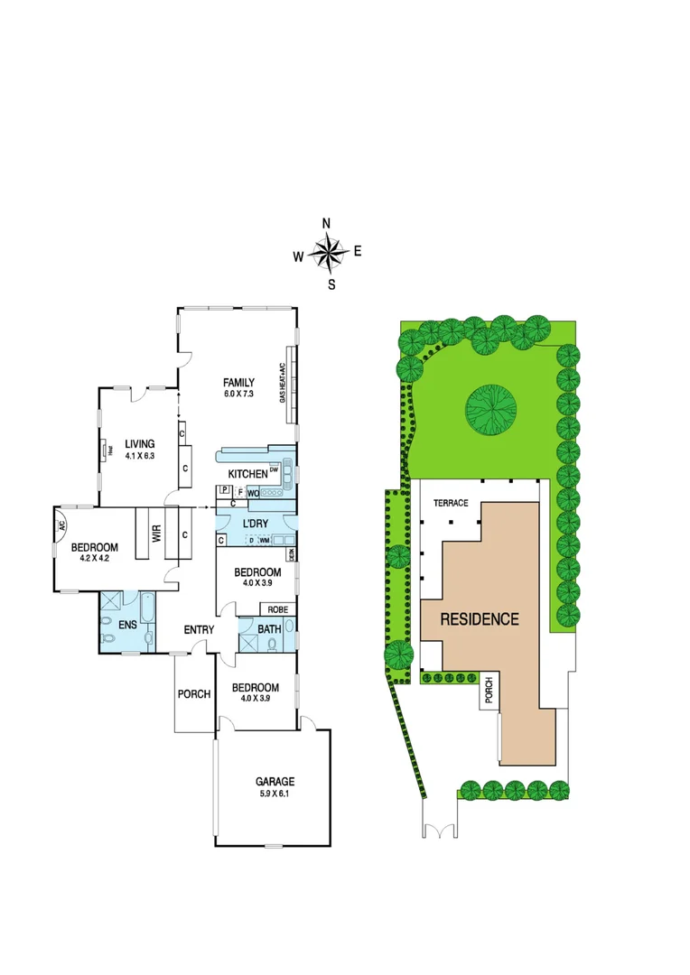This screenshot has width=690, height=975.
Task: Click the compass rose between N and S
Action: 329,254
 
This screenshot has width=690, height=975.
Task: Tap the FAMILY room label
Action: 238,382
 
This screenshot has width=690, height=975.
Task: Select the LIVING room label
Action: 140,443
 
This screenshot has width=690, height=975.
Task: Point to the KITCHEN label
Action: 247,474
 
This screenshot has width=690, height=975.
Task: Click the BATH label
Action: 269,628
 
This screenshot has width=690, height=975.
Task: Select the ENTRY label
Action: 199,629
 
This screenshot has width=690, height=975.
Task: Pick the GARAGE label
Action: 275,782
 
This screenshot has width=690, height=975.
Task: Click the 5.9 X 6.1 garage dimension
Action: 275,794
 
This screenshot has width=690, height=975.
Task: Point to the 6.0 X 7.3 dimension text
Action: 239,395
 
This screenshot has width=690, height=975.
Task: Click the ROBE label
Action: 278,609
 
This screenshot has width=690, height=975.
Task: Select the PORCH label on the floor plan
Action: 194,694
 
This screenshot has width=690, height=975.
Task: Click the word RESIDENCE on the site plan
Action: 480,619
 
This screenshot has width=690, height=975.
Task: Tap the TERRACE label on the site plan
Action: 451,503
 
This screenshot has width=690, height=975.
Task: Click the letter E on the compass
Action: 358,252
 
